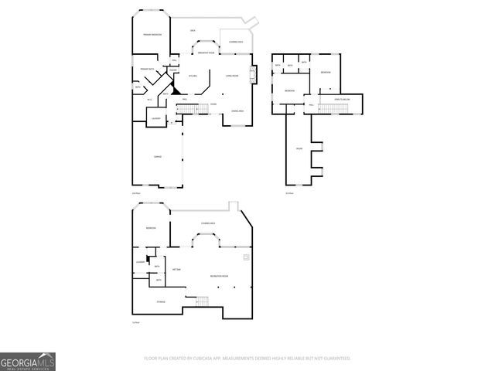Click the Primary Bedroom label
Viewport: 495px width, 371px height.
tap(152, 36)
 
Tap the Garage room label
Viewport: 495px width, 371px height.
tap(158, 156)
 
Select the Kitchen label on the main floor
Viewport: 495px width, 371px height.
tap(193, 76)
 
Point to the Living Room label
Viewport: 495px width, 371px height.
tap(232, 76)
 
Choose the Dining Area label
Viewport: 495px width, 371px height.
tap(237, 111)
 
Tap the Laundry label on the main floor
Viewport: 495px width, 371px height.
tap(155, 118)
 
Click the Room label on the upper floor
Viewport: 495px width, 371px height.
tap(299, 148)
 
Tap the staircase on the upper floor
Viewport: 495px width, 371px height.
tap(333, 109)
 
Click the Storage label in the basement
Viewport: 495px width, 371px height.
tap(161, 301)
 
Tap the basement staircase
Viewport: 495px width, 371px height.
tap(203, 300)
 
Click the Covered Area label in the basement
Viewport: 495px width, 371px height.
tap(208, 223)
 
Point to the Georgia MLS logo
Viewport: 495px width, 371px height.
tap(28, 361)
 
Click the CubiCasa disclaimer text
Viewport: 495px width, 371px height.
tap(247, 359)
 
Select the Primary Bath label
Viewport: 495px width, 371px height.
tap(145, 70)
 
